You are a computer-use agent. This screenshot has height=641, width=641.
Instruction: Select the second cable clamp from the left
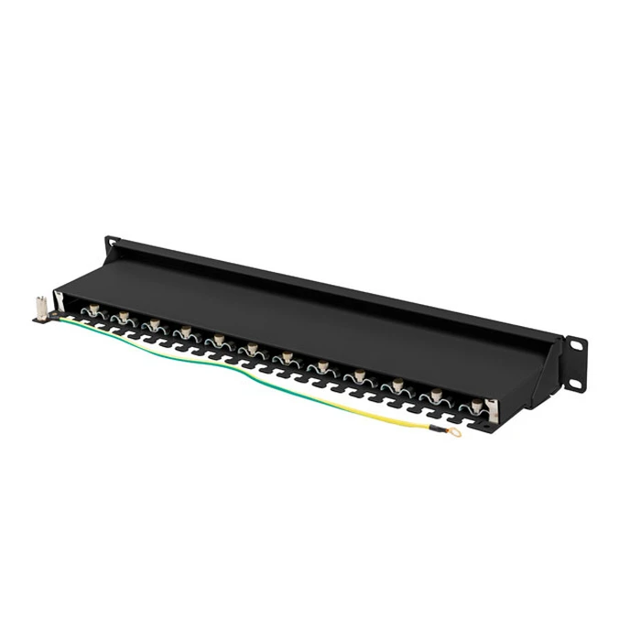122,317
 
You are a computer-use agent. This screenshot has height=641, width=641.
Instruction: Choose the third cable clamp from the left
154,325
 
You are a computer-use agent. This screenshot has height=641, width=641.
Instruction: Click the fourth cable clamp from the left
186,331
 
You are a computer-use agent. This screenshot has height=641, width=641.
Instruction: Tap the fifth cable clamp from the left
219,341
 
